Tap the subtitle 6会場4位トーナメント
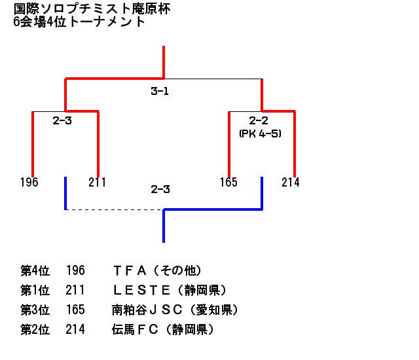79,21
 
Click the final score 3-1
160,92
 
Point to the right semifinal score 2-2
259,120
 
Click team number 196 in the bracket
29,182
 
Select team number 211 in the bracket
97,182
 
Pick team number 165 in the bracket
228,182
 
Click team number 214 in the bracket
291,182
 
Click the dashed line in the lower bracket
115,209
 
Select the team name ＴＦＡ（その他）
157,270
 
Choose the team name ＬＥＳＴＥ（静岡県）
170,290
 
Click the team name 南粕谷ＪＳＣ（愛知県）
175,310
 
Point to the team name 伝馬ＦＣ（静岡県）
163,329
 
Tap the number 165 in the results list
75,310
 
